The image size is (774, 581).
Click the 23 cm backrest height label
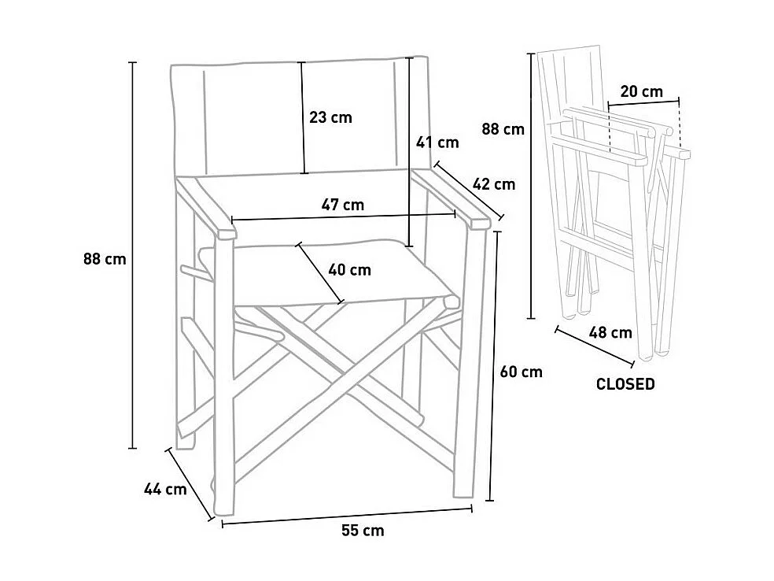point(330,117)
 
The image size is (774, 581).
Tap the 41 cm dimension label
point(437,142)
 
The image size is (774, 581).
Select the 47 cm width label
point(343,205)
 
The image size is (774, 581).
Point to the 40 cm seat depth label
point(349,270)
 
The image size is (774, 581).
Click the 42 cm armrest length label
point(494,184)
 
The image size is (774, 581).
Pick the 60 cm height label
point(522,372)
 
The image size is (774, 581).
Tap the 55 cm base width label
point(363,531)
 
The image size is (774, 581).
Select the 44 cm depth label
point(165,490)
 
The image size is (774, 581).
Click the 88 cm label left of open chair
point(105,259)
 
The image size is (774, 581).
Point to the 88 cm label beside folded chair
point(503,129)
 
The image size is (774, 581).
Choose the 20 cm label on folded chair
point(642,91)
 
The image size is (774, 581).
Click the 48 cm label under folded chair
point(610,332)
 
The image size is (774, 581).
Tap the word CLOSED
point(625,384)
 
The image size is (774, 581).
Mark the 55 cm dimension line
point(347,516)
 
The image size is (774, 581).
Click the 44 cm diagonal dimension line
point(190,484)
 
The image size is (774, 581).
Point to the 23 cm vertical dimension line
point(303,117)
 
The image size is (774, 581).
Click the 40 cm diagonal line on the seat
point(320,272)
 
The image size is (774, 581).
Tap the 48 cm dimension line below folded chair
point(595,347)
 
